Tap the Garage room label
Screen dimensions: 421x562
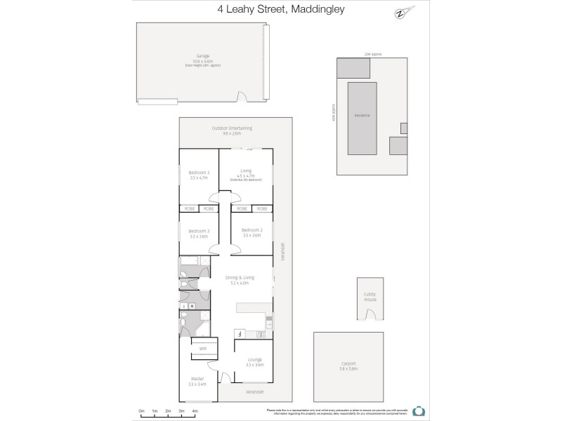coord(203,55)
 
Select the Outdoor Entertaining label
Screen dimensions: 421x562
coord(232,128)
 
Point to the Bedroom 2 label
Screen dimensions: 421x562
coord(251,230)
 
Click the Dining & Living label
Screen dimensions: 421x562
coord(240,278)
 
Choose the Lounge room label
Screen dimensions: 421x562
coord(254,359)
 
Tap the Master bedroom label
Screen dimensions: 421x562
coord(197,379)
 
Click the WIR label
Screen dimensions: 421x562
coord(203,349)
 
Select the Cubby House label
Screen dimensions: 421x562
coord(370,297)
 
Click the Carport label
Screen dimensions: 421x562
coord(348,363)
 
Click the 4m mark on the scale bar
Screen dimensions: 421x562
coord(195,410)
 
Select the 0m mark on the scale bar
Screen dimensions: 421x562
coord(141,410)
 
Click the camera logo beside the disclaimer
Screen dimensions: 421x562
coord(419,411)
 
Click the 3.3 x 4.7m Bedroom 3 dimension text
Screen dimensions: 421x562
coord(199,178)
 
